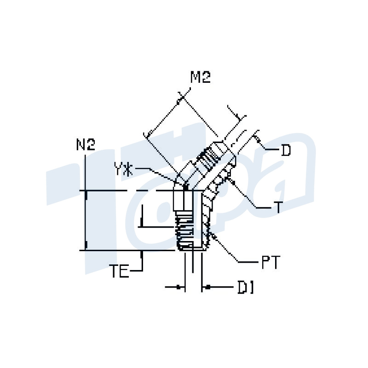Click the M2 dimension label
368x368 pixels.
[x=201, y=78]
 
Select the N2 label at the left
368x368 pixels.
[x=86, y=145]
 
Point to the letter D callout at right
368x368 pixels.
[x=286, y=150]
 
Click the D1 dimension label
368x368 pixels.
[x=245, y=288]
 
